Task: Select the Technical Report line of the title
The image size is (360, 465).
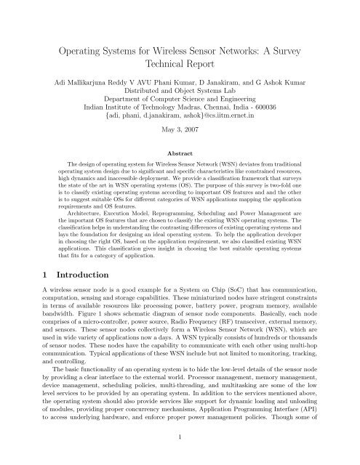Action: (180, 68)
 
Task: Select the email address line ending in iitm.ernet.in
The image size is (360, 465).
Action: (180, 136)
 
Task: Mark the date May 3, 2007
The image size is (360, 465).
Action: (180, 153)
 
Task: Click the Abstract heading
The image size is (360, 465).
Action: (180, 174)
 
